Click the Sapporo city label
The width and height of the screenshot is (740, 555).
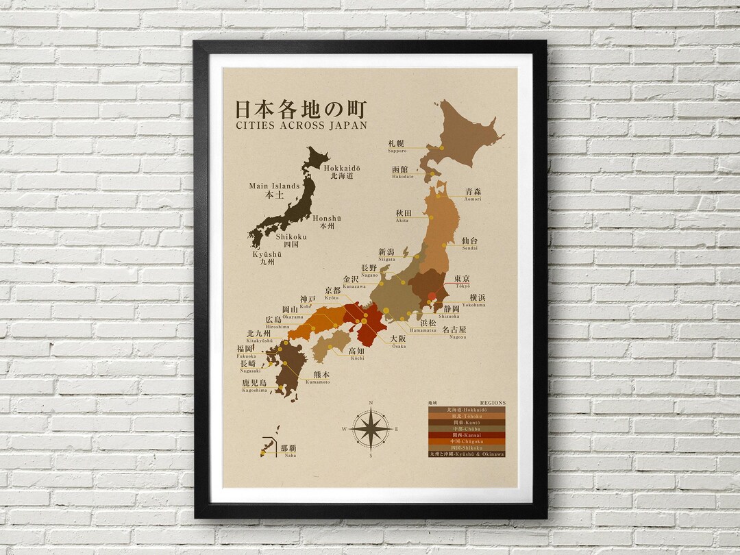(397, 146)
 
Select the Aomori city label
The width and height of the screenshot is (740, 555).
(473, 195)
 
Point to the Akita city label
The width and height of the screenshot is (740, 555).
(403, 217)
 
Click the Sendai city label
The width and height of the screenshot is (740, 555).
(469, 243)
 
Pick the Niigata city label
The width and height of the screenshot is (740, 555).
(387, 255)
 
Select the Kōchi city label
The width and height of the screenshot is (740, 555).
(356, 354)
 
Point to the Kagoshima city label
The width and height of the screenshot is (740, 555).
(253, 386)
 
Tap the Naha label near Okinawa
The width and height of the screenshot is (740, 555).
(288, 450)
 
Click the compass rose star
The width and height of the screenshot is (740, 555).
(371, 430)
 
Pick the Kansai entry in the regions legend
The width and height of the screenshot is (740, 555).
(467, 435)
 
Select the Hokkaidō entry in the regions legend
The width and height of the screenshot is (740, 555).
(467, 410)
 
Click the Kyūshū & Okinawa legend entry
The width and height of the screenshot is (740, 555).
(467, 454)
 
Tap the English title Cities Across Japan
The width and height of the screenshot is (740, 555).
(301, 125)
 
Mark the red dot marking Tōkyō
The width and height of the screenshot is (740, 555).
(432, 297)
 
